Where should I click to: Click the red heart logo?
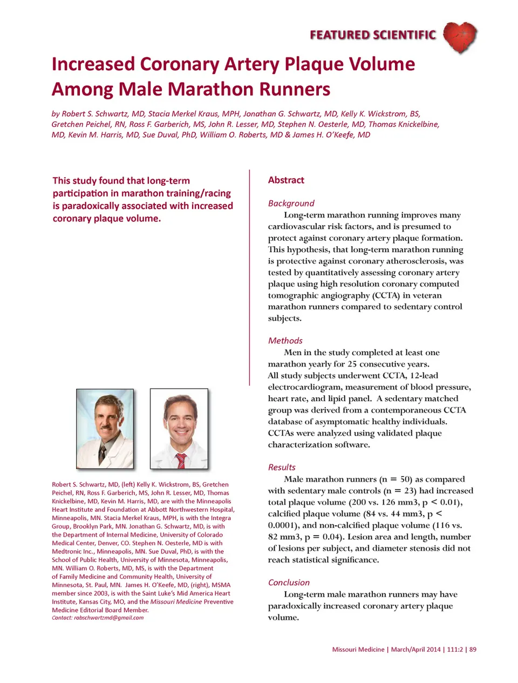tap(460, 37)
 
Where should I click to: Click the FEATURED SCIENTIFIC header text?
tap(372, 35)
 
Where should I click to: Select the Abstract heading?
tap(286, 180)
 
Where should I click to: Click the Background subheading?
tap(291, 203)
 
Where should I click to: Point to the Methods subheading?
tap(285, 341)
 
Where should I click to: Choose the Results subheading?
tap(282, 467)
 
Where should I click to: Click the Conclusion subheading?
tap(289, 583)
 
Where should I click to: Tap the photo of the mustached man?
tap(105, 429)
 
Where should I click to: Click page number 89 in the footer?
tap(473, 650)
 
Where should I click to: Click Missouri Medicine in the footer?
tap(358, 650)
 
